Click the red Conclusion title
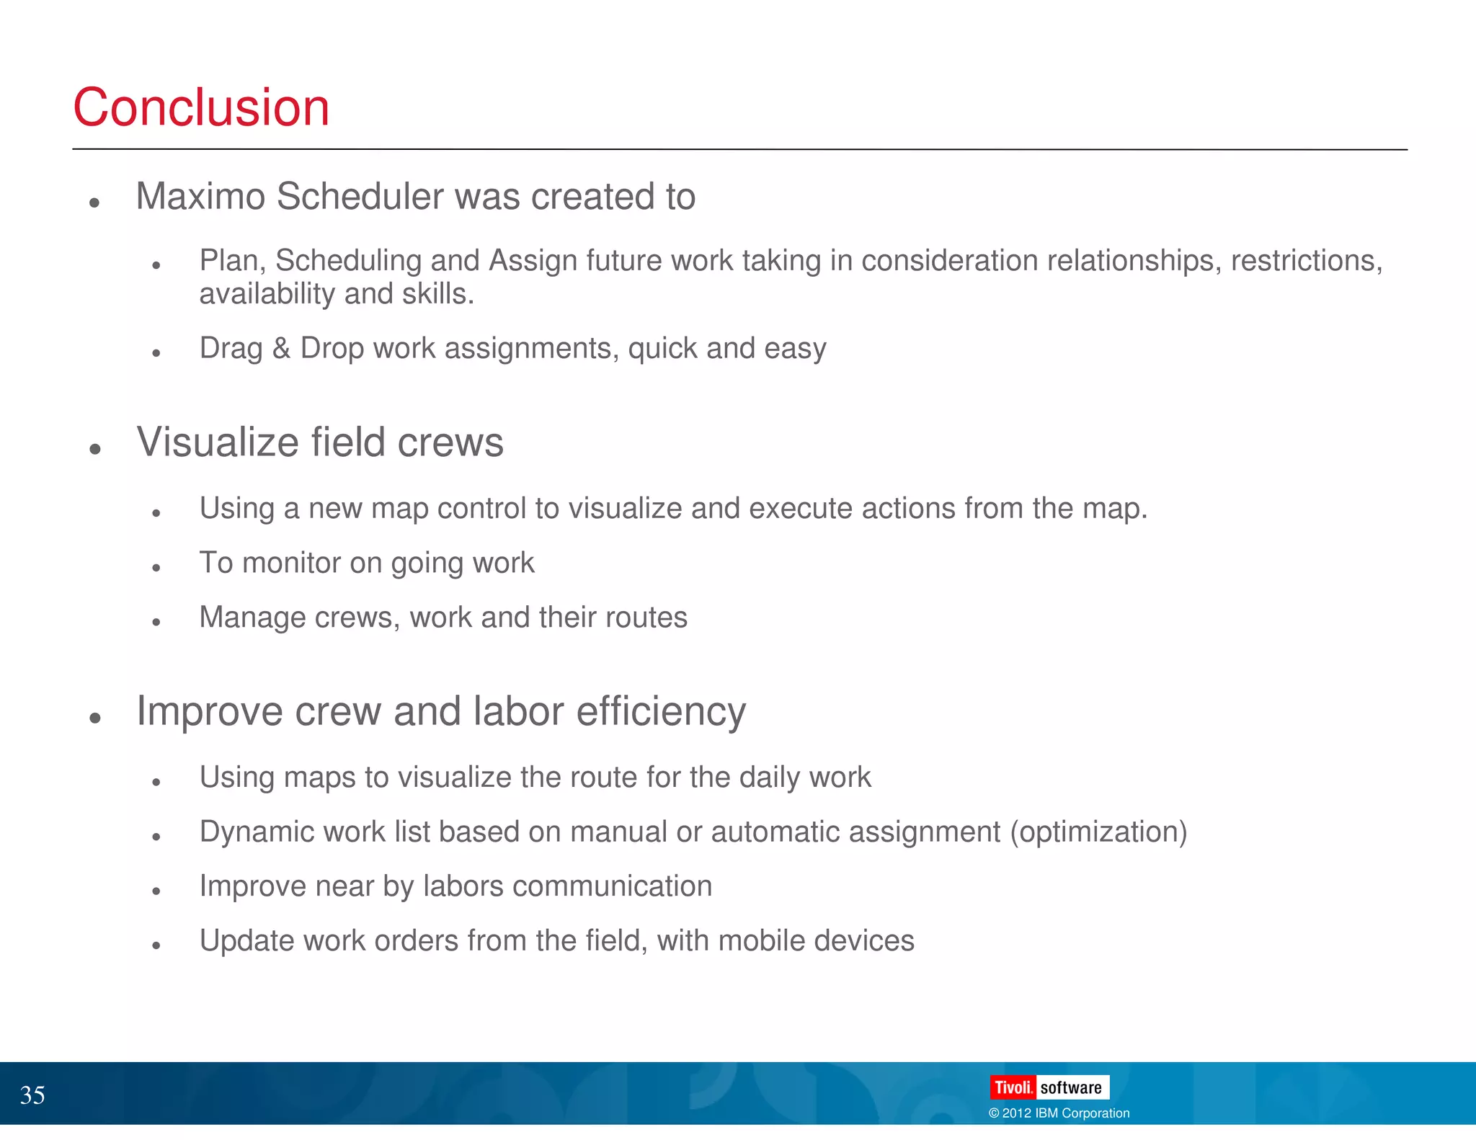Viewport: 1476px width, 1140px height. pos(201,107)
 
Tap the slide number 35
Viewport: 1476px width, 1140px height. pos(32,1095)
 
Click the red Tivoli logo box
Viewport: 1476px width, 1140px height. pos(1013,1087)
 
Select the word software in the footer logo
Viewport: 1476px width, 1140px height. pos(1071,1087)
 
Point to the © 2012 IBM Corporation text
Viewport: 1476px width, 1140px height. pos(1059,1113)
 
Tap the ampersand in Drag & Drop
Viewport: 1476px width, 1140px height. pos(281,348)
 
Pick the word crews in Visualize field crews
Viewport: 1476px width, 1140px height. pos(450,442)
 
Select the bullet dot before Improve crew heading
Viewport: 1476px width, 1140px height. pos(94,718)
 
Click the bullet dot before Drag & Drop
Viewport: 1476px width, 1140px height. pos(156,353)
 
